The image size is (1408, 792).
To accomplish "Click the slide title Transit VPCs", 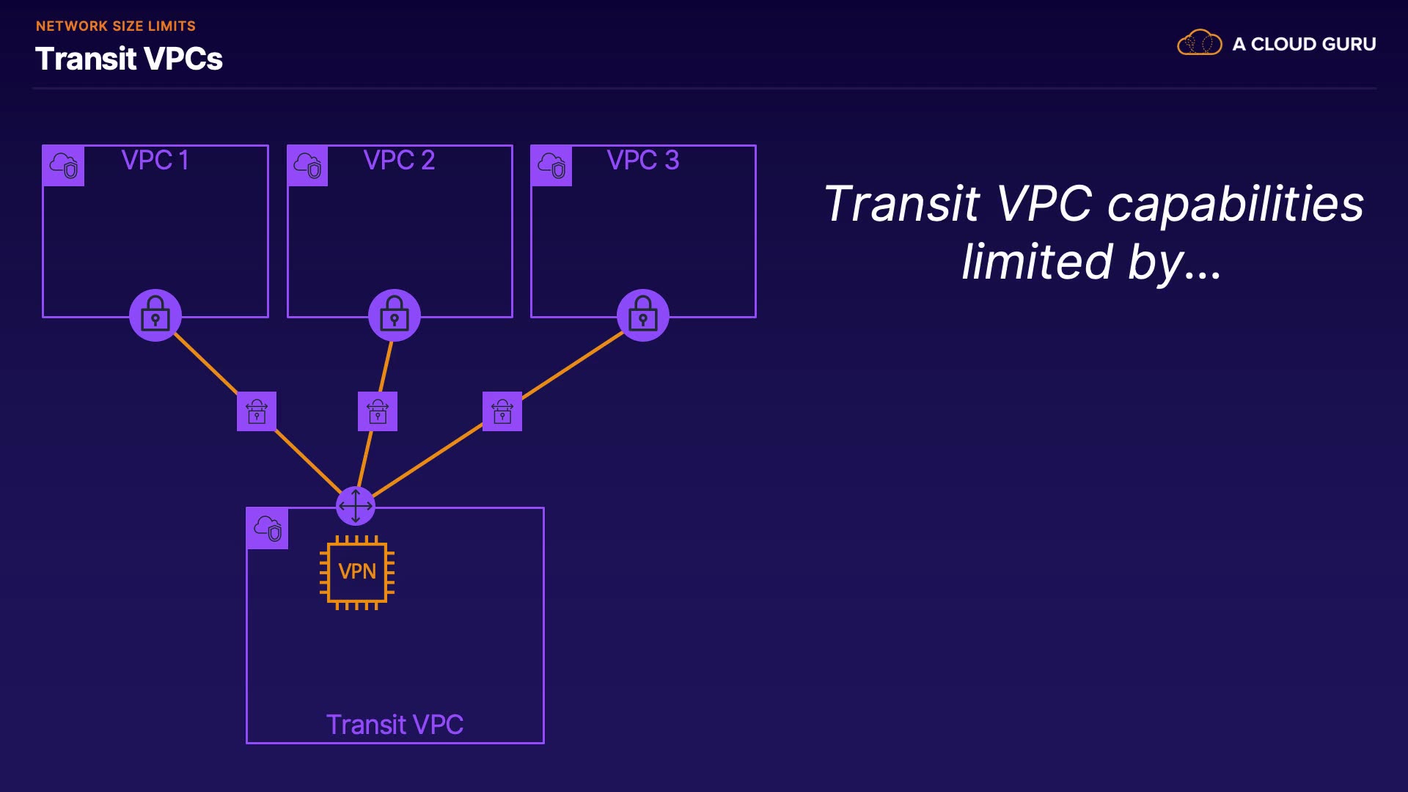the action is [x=129, y=59].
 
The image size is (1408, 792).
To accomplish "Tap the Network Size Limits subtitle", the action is [x=116, y=26].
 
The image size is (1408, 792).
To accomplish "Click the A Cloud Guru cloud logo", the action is [x=1199, y=43].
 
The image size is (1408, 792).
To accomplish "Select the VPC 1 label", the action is [x=155, y=160].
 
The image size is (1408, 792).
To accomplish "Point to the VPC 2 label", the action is [x=399, y=160].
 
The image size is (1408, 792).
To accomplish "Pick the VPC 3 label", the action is [x=643, y=160].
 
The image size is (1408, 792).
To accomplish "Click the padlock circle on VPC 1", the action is [x=155, y=315].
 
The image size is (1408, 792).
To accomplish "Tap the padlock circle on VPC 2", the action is [x=395, y=315].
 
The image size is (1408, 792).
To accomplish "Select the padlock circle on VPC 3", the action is [x=643, y=315].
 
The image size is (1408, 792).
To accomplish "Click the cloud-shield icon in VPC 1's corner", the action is [x=64, y=166].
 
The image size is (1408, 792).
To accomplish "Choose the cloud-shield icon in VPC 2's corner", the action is [x=308, y=166].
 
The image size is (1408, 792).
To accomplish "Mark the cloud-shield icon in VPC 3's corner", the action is [x=551, y=166].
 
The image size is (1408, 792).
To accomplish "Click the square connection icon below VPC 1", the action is [x=257, y=411].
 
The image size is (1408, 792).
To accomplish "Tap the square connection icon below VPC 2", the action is [x=378, y=411].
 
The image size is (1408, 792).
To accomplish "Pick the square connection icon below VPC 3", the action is [x=502, y=411].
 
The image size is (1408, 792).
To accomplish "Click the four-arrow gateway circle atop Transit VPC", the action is [x=356, y=506].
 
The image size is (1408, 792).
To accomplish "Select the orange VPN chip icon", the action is [x=357, y=572].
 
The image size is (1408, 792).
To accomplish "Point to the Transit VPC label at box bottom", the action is [x=395, y=725].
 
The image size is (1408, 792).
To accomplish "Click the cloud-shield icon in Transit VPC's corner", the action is [x=268, y=528].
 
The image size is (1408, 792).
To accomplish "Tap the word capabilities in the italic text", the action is [x=1236, y=205].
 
